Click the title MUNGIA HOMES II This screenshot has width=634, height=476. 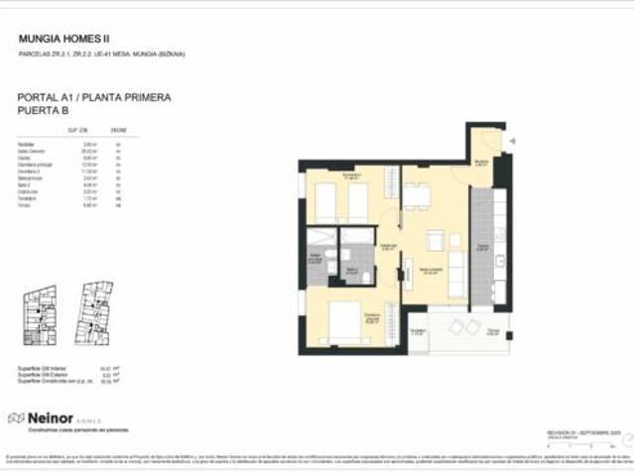coord(64,39)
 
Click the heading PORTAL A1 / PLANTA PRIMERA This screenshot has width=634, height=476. coord(94,98)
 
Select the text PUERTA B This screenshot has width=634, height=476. coord(43,112)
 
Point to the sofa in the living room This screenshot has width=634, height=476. coord(458,274)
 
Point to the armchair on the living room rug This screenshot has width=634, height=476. coord(435,241)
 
